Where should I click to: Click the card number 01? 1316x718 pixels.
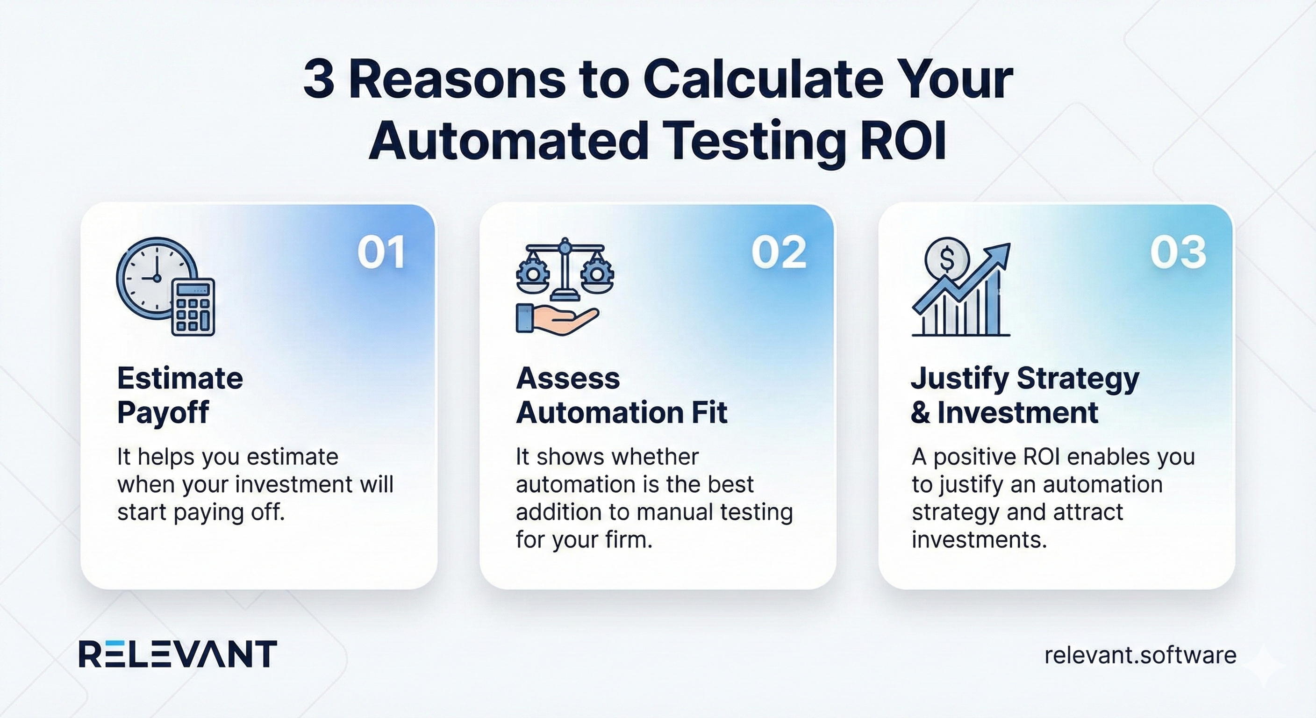tap(382, 252)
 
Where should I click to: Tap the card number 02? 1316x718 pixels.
tap(779, 252)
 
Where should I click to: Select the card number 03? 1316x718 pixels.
tap(1178, 252)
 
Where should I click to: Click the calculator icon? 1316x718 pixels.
tap(193, 307)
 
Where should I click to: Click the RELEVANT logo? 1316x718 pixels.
tap(178, 653)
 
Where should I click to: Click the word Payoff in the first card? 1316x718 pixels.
tap(163, 413)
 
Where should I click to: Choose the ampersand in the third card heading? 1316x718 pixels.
tap(921, 413)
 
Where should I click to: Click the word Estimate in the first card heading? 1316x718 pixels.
tap(180, 379)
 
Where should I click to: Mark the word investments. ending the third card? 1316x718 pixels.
tap(979, 539)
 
